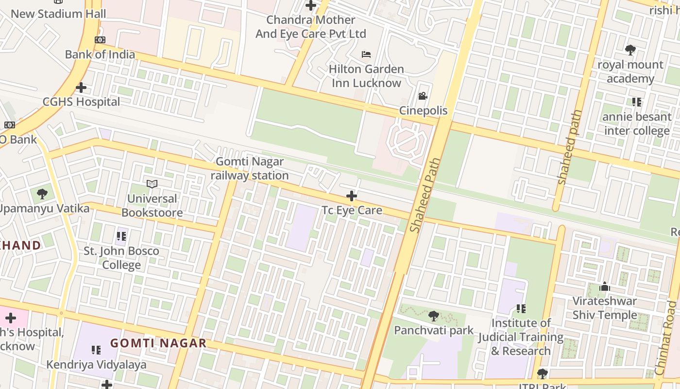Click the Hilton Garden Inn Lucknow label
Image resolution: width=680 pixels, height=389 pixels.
pyautogui.click(x=366, y=76)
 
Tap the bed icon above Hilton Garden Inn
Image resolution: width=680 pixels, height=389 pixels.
pyautogui.click(x=366, y=54)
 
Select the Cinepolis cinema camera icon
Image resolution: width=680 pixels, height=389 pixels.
pyautogui.click(x=423, y=96)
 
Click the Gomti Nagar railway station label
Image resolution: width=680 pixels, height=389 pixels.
pyautogui.click(x=250, y=168)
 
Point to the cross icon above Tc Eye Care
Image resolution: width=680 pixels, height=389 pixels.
pyautogui.click(x=352, y=196)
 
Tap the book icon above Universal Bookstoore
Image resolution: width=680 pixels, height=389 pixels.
pyautogui.click(x=152, y=184)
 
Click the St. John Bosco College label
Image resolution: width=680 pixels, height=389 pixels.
pyautogui.click(x=121, y=258)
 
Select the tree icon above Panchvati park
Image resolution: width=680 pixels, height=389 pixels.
pyautogui.click(x=434, y=316)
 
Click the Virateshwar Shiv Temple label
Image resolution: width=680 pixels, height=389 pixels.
pyautogui.click(x=605, y=308)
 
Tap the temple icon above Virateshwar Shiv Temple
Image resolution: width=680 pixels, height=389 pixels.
pyautogui.click(x=605, y=287)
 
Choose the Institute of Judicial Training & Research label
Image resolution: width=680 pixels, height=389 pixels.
pyautogui.click(x=521, y=337)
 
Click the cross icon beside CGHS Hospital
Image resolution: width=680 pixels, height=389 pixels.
pyautogui.click(x=81, y=88)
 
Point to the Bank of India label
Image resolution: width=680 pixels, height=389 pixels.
pyautogui.click(x=100, y=54)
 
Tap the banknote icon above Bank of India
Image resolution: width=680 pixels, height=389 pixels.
pyautogui.click(x=100, y=40)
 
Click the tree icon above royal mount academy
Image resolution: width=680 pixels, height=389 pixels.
pyautogui.click(x=630, y=50)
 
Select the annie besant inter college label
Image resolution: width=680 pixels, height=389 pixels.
pyautogui.click(x=637, y=124)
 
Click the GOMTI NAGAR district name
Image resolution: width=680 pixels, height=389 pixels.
pyautogui.click(x=158, y=343)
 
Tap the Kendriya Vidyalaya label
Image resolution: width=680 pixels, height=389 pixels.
pyautogui.click(x=96, y=365)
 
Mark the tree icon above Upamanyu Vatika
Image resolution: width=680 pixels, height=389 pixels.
pyautogui.click(x=42, y=194)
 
